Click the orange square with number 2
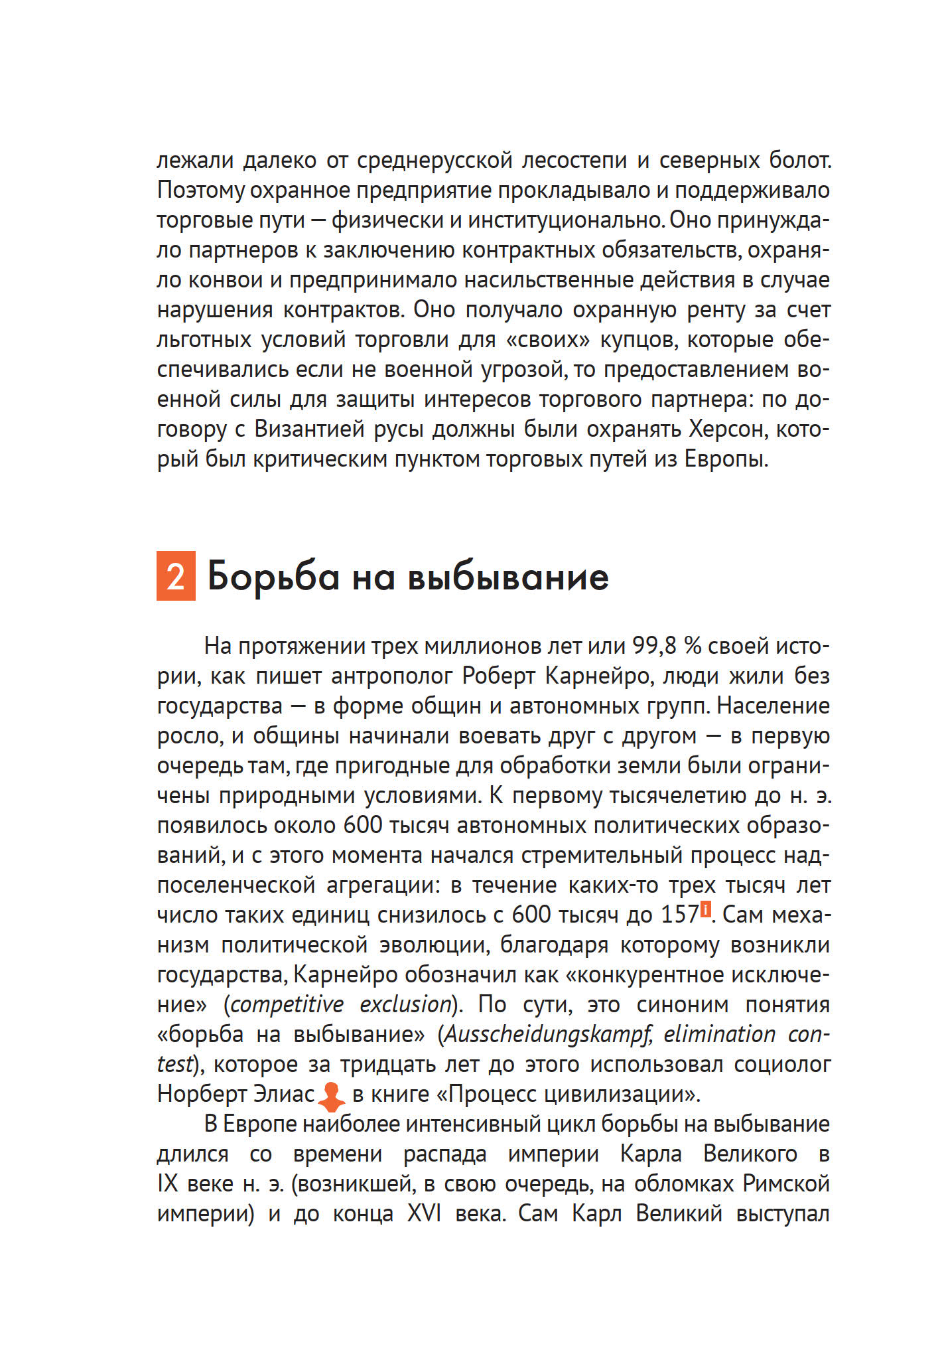pos(176,575)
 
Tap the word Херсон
pos(728,429)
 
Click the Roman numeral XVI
pos(424,1214)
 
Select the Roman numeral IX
pos(168,1184)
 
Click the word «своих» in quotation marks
pos(548,340)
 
